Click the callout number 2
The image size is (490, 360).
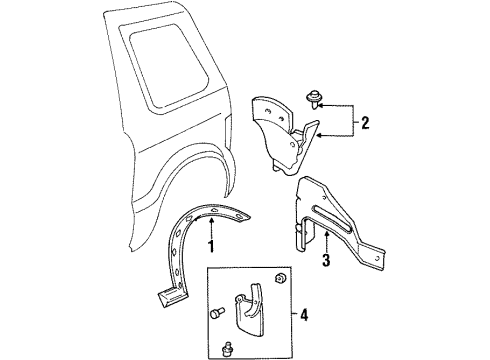[366, 123]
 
